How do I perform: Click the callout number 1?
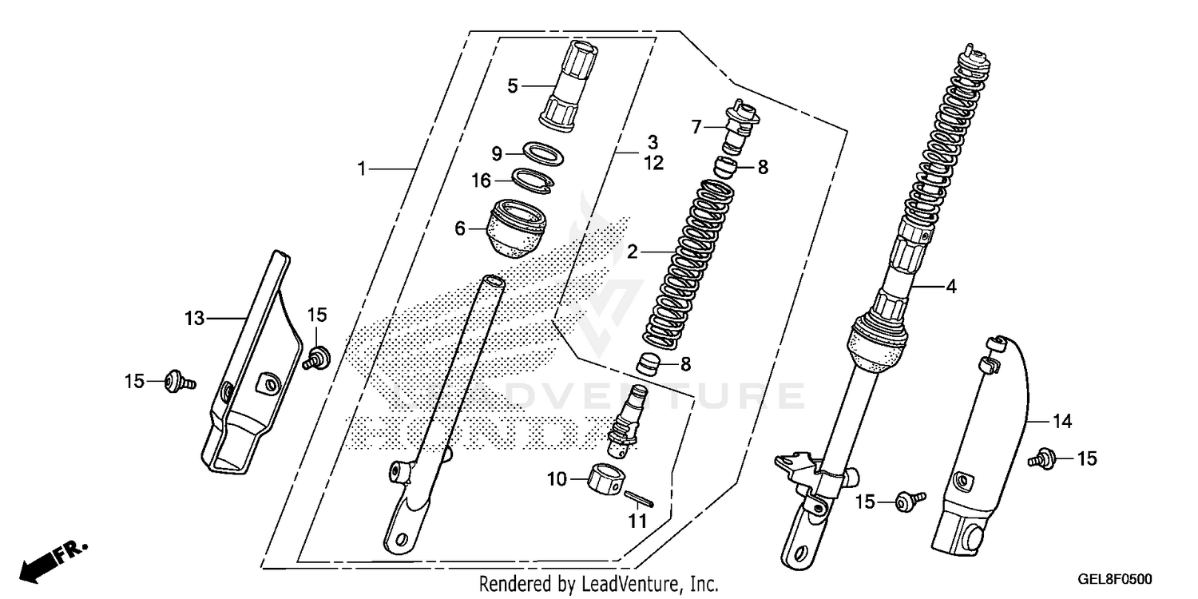pyautogui.click(x=361, y=169)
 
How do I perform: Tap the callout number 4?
pyautogui.click(x=950, y=286)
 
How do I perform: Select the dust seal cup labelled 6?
pyautogui.click(x=515, y=228)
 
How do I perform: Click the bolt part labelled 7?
pyautogui.click(x=740, y=125)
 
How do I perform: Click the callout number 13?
pyautogui.click(x=194, y=319)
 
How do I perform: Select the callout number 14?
pyautogui.click(x=1062, y=420)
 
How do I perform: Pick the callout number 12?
pyautogui.click(x=654, y=163)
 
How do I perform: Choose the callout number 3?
pyautogui.click(x=653, y=142)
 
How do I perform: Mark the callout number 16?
pyautogui.click(x=481, y=180)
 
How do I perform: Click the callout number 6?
pyautogui.click(x=460, y=228)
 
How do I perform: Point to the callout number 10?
pyautogui.click(x=556, y=479)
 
